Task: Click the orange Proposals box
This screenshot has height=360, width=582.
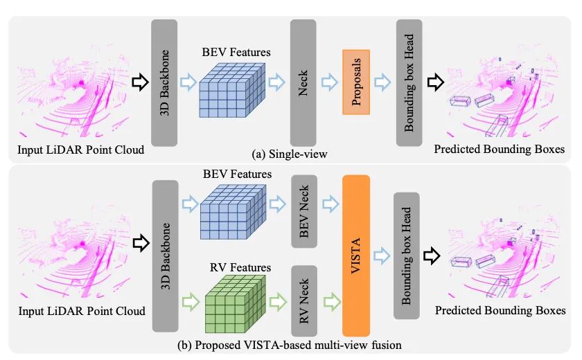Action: pos(356,82)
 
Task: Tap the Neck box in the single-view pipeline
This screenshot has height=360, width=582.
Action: pos(303,82)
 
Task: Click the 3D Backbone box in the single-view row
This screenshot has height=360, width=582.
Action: pos(164,82)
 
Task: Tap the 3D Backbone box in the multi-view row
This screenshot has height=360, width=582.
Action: pos(164,256)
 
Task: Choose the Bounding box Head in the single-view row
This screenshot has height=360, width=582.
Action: pos(409,82)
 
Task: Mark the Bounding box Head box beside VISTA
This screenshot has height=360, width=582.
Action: pos(407,256)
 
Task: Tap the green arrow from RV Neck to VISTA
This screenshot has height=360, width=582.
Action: pos(330,300)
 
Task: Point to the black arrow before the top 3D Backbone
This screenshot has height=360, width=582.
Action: pos(140,82)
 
